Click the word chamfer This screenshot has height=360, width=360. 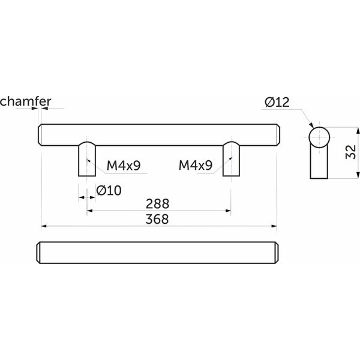[x=25, y=101]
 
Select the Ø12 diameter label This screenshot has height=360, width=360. [x=277, y=102]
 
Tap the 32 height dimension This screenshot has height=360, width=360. [x=351, y=152]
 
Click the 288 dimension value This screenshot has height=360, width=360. [x=157, y=203]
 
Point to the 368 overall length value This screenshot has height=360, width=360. [x=157, y=219]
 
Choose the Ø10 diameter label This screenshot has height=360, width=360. [x=109, y=191]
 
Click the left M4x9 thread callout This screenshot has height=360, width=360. [x=124, y=166]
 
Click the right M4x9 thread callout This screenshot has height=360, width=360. [x=196, y=166]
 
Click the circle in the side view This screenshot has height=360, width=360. [x=319, y=137]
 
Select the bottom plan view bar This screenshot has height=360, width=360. [x=157, y=253]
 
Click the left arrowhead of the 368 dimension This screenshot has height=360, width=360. [x=44, y=226]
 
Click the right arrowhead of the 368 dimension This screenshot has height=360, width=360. [x=274, y=226]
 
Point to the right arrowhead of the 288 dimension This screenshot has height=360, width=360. [x=228, y=211]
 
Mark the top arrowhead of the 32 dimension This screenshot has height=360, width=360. [x=358, y=130]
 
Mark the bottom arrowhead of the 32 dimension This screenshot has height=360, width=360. [x=358, y=176]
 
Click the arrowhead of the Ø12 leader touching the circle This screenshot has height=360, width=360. [x=311, y=125]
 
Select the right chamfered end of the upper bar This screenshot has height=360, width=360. [x=278, y=135]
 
